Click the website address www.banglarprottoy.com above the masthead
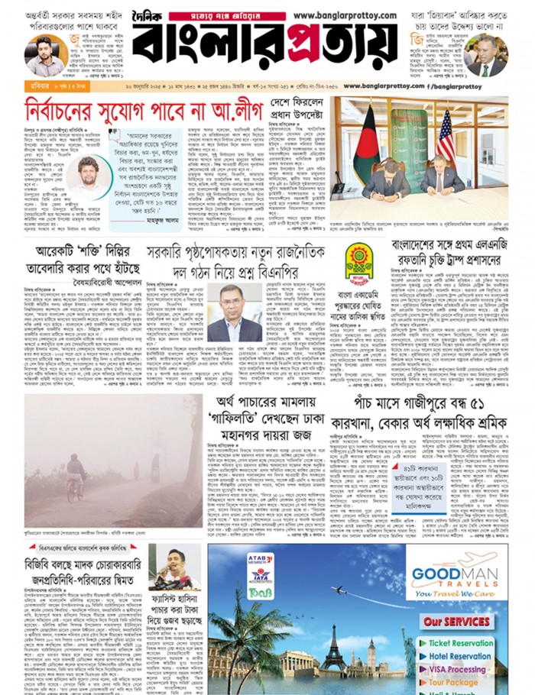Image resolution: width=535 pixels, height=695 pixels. [x=344, y=15]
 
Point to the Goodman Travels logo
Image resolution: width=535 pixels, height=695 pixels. [x=456, y=574]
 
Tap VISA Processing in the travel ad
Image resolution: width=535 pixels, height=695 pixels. [x=456, y=669]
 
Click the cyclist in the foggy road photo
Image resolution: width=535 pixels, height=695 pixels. [x=76, y=477]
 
